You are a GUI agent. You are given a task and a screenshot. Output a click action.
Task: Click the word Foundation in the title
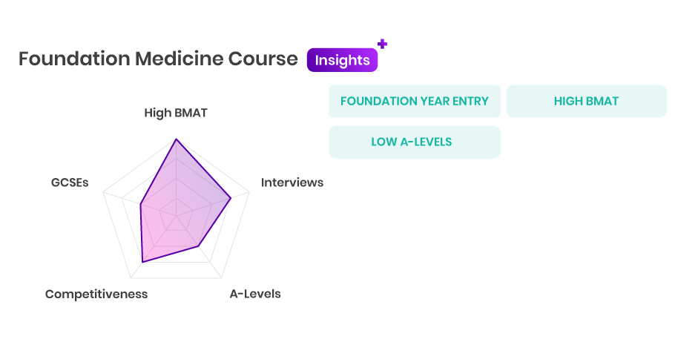click(74, 59)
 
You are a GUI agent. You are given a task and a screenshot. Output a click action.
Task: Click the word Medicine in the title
click(180, 59)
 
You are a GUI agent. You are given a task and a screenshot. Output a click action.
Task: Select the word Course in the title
click(263, 59)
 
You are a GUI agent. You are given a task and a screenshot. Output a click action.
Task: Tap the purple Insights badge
click(342, 60)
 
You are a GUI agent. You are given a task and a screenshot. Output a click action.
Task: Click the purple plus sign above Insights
click(382, 44)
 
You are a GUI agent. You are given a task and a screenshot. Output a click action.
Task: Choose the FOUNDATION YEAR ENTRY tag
click(414, 101)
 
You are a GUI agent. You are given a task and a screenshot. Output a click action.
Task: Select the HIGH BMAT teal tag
click(586, 101)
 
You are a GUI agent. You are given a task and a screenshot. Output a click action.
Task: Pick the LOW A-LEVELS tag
click(414, 142)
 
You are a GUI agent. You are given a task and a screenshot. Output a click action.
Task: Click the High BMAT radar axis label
click(176, 113)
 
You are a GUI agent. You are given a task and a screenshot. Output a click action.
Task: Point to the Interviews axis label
click(292, 182)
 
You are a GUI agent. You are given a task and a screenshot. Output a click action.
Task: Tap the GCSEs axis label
click(70, 182)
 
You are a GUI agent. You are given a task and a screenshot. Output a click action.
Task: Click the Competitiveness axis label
click(96, 294)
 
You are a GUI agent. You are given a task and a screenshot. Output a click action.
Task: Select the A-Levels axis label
click(255, 294)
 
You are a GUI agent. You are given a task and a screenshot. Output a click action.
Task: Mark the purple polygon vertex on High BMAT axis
click(176, 139)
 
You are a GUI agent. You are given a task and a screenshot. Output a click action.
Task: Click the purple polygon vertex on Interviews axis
click(231, 198)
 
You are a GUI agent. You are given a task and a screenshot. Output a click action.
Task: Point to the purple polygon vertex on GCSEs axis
click(140, 204)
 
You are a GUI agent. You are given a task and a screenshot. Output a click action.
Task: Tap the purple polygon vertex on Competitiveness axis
click(142, 262)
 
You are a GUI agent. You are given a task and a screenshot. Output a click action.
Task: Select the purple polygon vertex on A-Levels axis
click(199, 246)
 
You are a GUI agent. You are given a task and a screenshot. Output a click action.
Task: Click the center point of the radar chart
click(176, 215)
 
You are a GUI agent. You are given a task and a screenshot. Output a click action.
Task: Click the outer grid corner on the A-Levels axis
click(221, 277)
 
